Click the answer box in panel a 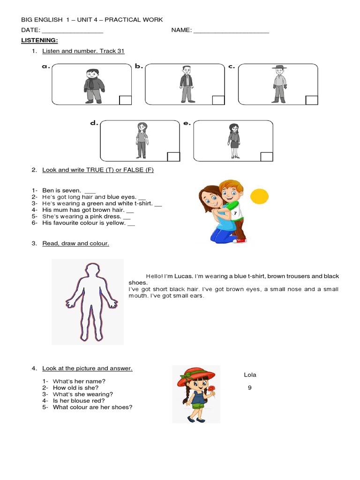coord(125,100)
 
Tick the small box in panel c coord(311,100)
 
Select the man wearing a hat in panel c coord(280,84)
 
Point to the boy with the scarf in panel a coord(94,86)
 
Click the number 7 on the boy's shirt coord(235,213)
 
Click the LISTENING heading coord(39,41)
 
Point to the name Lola coord(250,375)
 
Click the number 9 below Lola coord(250,388)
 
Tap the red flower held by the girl coord(212,388)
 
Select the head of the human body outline coord(89,271)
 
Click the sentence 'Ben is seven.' coord(61,190)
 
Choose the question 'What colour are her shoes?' coord(92,407)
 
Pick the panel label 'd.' coord(94,123)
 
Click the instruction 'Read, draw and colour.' coord(75,243)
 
